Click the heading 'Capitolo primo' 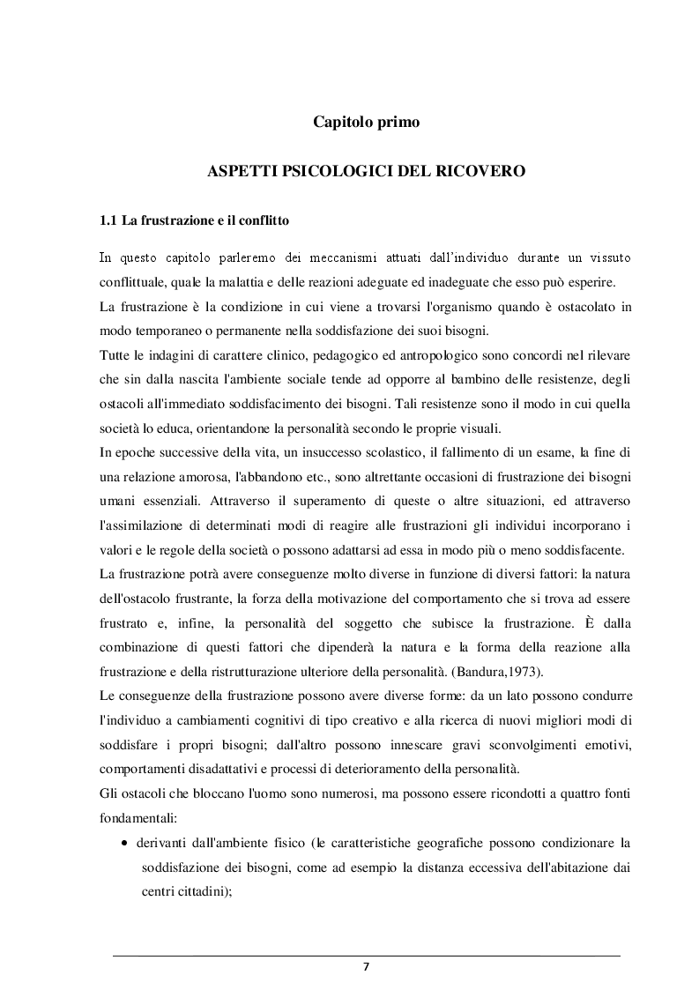(366, 123)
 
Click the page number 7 (367, 966)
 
